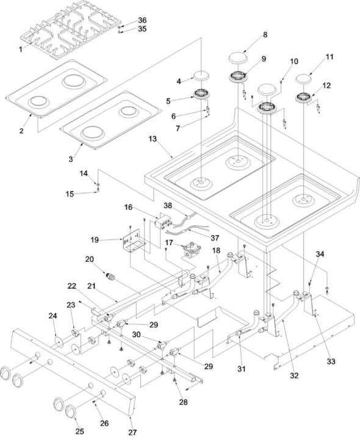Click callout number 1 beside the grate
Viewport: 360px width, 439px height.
coord(20,49)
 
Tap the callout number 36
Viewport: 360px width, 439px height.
coord(142,20)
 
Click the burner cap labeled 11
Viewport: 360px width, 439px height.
coord(303,79)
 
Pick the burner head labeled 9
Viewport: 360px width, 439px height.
coord(239,77)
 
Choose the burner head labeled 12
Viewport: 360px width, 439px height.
coord(304,98)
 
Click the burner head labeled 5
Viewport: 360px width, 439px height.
coord(202,93)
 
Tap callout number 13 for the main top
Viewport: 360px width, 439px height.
coord(153,139)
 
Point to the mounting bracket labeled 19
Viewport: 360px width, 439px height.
coord(134,241)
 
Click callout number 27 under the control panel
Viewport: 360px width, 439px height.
coord(132,432)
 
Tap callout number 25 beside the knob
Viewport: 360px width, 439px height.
coord(80,432)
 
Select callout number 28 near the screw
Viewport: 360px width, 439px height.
coord(183,402)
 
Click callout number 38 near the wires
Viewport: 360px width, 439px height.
coord(168,206)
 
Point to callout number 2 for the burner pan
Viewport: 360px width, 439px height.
coord(21,131)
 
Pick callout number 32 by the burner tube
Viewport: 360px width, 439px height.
coord(294,376)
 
